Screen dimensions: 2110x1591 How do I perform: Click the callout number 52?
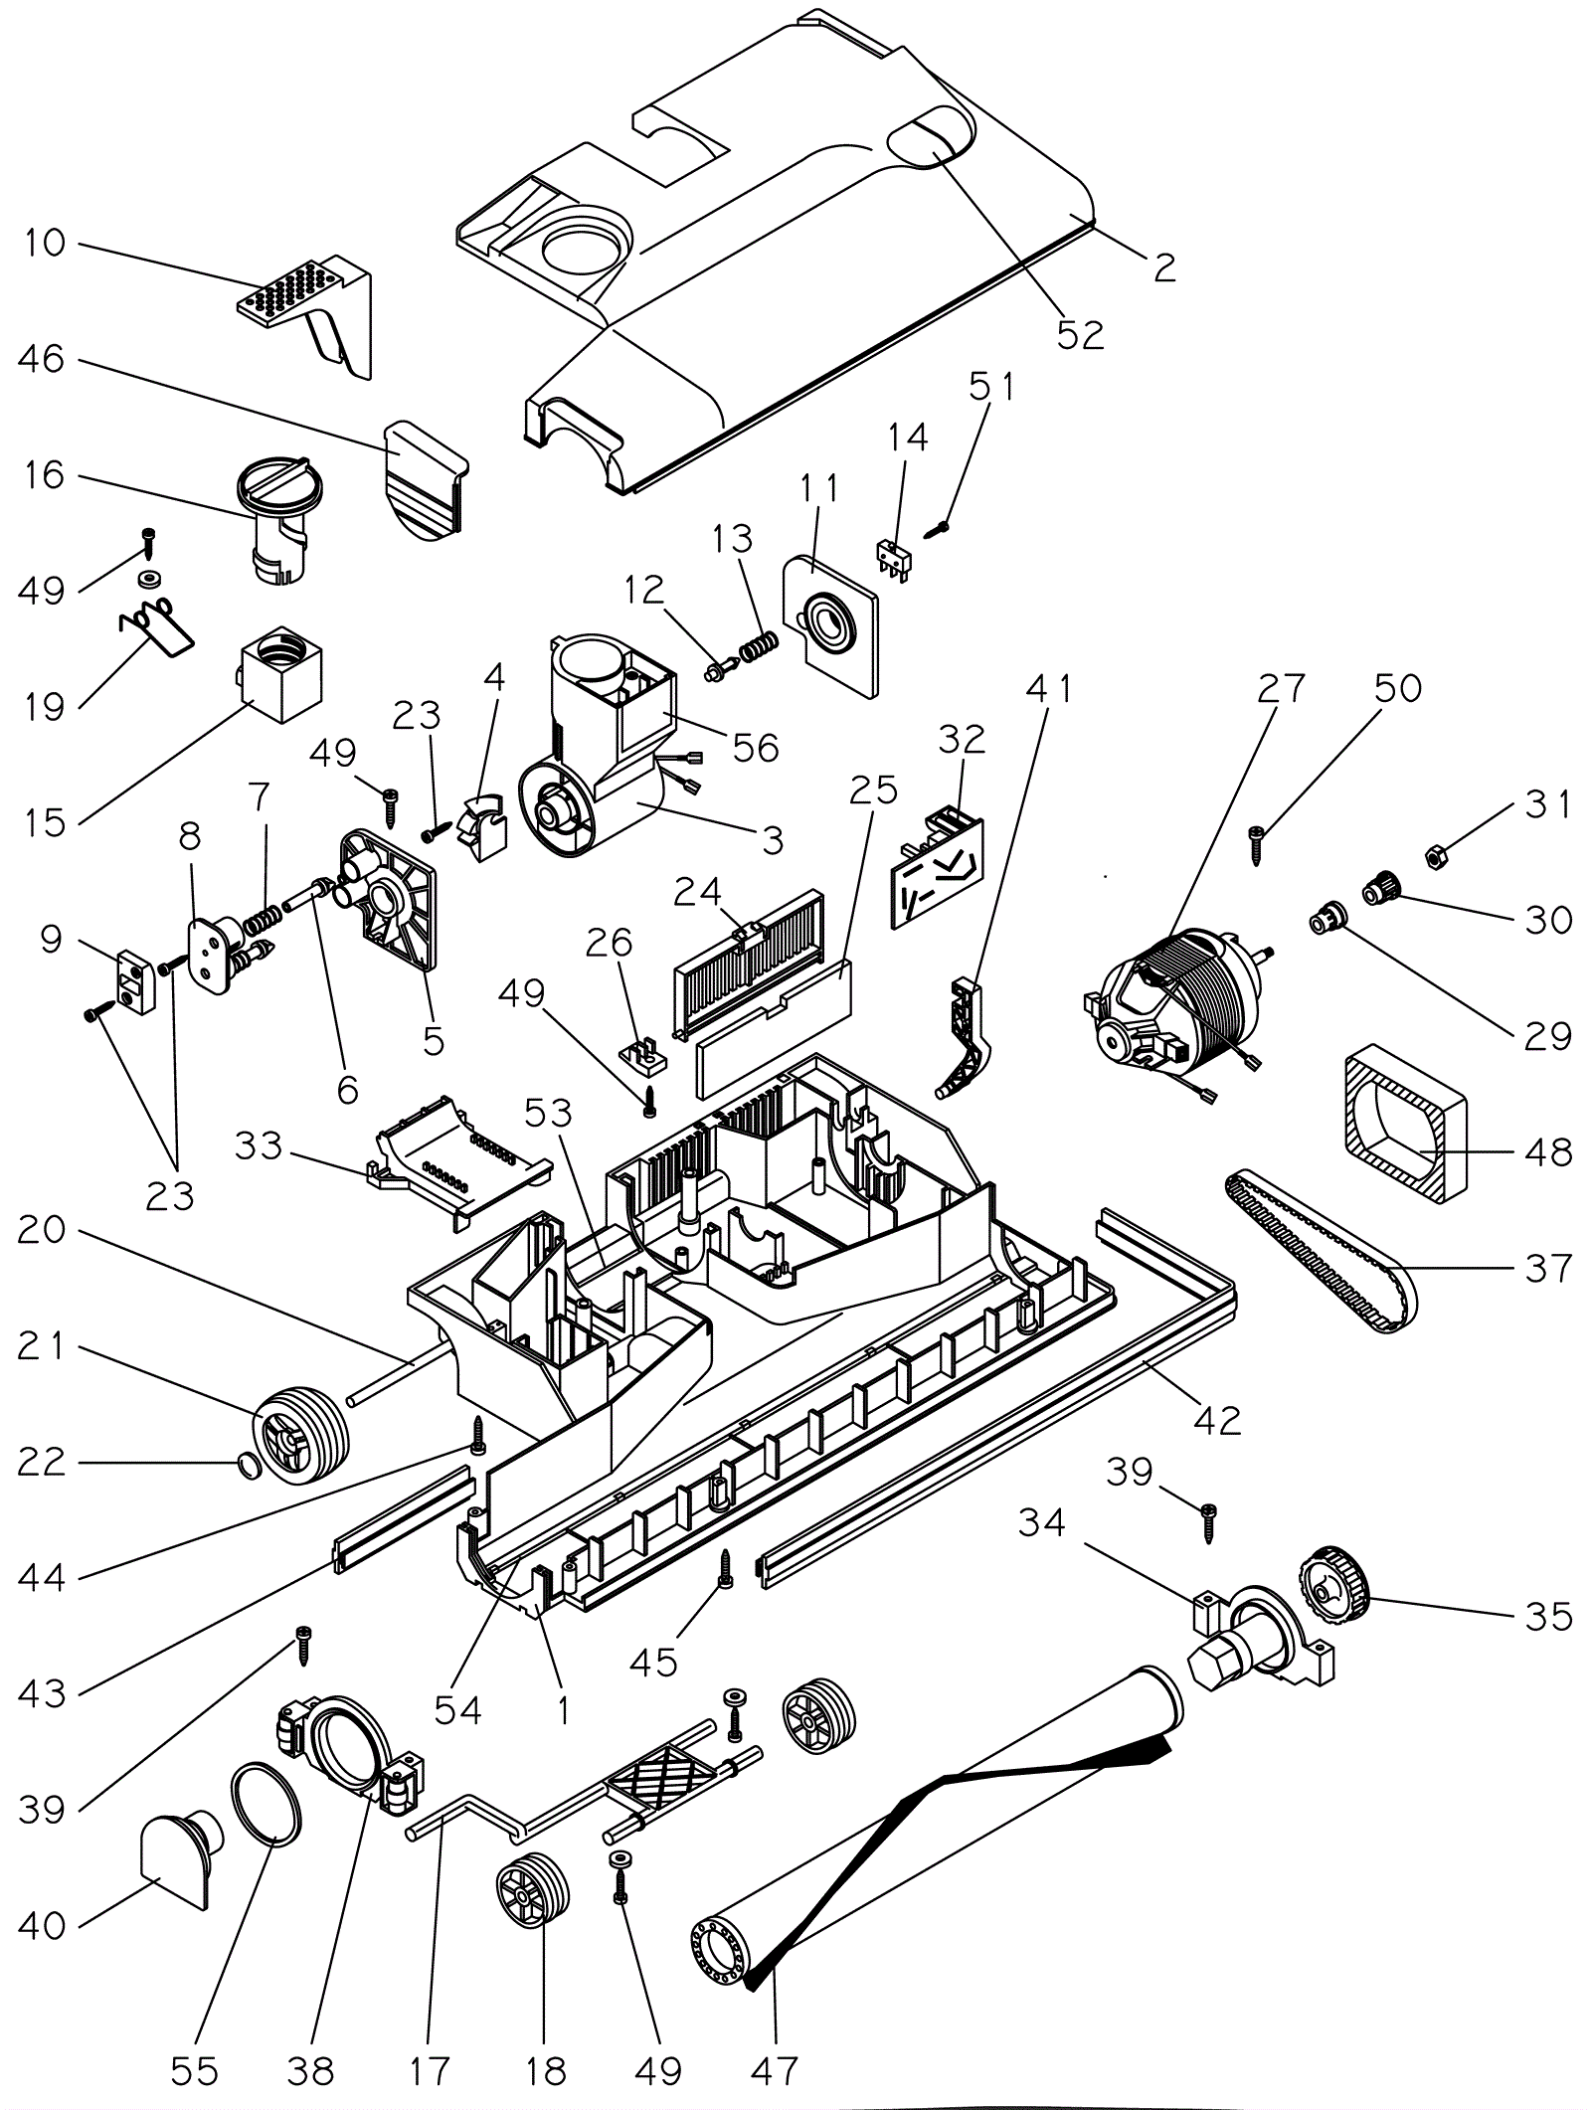[1080, 335]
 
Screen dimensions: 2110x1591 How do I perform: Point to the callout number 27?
[1280, 688]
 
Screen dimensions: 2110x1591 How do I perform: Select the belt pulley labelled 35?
[1333, 1595]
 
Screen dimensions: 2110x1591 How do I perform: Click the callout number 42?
[1217, 1421]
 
